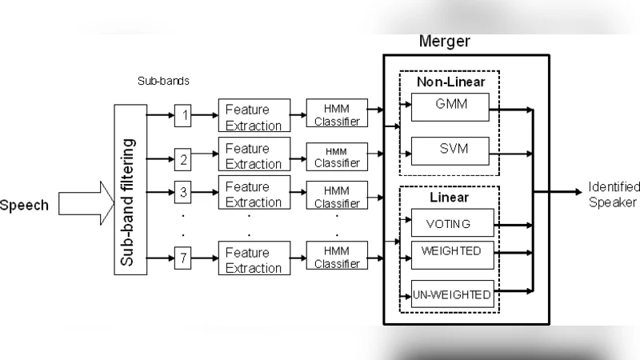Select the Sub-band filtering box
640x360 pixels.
pos(130,190)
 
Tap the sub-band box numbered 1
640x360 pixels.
pos(183,116)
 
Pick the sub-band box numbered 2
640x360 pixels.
pos(183,158)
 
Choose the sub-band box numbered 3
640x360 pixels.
pos(183,192)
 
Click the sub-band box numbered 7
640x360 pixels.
pos(183,258)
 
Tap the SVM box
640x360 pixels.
pos(449,150)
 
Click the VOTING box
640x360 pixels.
pos(449,223)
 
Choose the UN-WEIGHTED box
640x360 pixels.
pos(451,295)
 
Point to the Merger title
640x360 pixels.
pos(445,42)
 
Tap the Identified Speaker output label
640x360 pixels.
pos(613,194)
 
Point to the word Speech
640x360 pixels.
pos(24,206)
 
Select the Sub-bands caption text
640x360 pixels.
pos(162,81)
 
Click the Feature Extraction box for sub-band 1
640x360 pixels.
pos(253,117)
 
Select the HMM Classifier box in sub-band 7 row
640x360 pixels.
pos(337,258)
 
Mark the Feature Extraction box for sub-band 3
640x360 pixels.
pos(253,194)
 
